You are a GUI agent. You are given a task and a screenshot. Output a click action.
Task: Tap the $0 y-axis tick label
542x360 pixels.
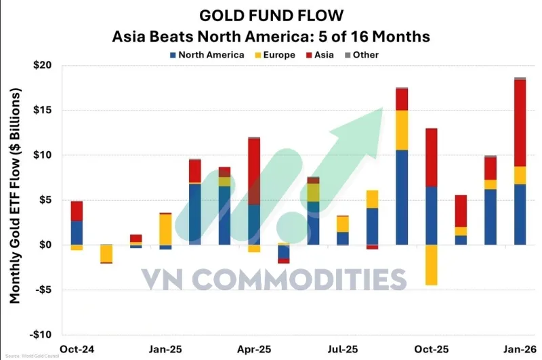point(47,245)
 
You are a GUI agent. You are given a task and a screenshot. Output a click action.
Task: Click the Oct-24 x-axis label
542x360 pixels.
point(76,349)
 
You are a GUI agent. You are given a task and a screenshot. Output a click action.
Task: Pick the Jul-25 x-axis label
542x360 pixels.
point(343,349)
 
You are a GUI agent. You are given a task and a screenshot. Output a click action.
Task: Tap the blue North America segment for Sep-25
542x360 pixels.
point(402,197)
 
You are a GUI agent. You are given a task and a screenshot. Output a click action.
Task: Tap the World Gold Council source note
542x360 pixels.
point(32,357)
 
